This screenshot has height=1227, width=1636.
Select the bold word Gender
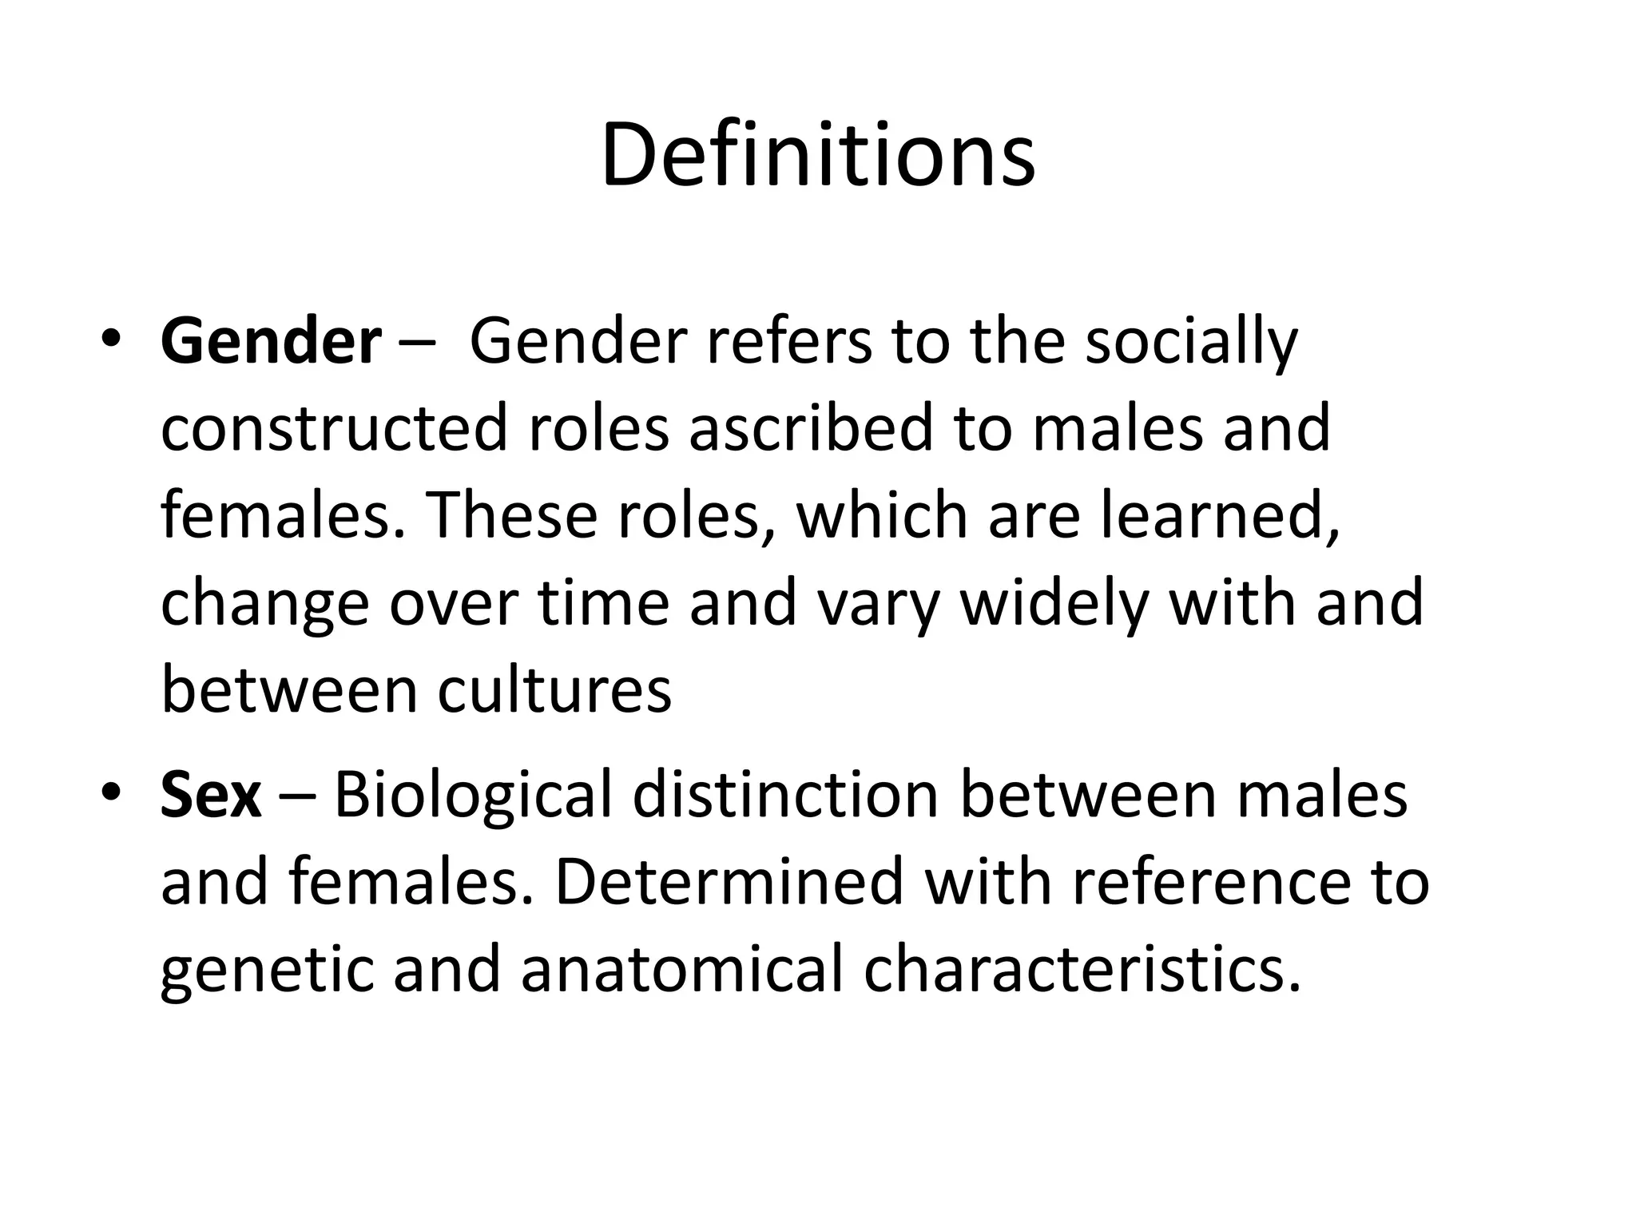pyautogui.click(x=271, y=342)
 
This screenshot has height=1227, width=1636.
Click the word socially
pyautogui.click(x=1191, y=342)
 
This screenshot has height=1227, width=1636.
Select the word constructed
pyautogui.click(x=334, y=428)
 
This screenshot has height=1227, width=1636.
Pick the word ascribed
pyautogui.click(x=811, y=428)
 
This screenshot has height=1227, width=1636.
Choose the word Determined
pyautogui.click(x=728, y=882)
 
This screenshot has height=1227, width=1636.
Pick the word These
pyautogui.click(x=511, y=515)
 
